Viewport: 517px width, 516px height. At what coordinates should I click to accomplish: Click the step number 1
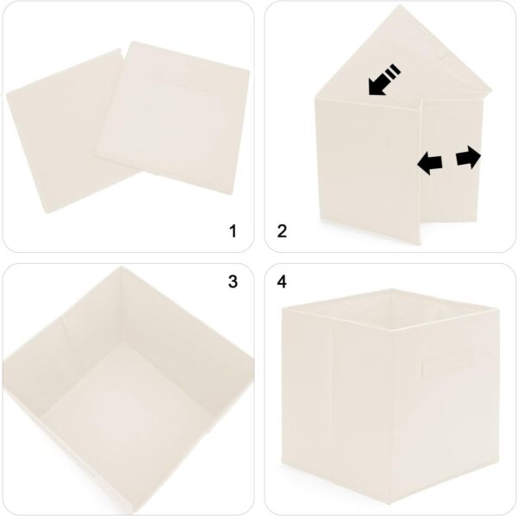tap(231, 230)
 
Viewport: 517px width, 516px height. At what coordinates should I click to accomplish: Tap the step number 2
tap(282, 230)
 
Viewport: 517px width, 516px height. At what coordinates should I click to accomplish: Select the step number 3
tap(231, 282)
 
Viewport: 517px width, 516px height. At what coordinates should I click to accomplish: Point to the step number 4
tap(282, 282)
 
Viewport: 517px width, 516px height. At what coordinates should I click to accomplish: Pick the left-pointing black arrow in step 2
tap(429, 160)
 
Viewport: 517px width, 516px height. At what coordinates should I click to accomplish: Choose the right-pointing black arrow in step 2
tap(469, 157)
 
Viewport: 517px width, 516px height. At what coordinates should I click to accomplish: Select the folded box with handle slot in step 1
tap(172, 129)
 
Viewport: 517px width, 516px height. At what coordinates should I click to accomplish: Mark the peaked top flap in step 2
tap(379, 52)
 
